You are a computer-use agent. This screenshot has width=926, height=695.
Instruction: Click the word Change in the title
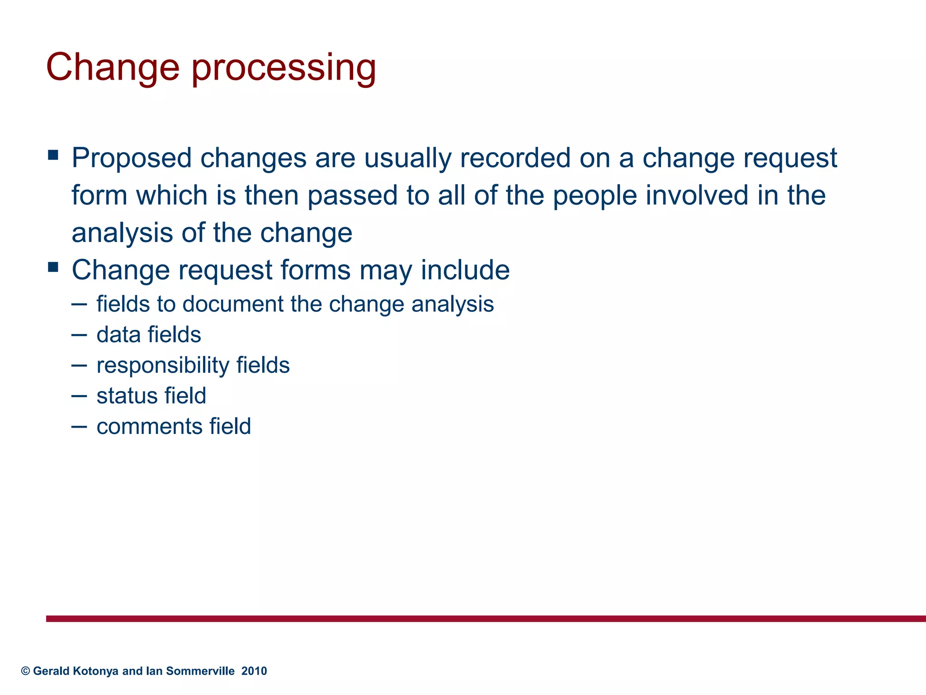click(x=113, y=68)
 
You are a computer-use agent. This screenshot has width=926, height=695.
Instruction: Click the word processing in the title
click(x=283, y=68)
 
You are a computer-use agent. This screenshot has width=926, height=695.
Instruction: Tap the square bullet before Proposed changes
click(x=53, y=155)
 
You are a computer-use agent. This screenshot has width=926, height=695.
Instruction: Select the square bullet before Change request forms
click(x=53, y=267)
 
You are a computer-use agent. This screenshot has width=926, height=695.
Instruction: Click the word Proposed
click(x=132, y=158)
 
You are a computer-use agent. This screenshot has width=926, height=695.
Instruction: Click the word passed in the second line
click(x=352, y=195)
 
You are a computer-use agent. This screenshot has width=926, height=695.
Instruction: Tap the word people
click(x=595, y=195)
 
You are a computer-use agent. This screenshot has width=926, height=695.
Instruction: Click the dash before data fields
click(x=79, y=335)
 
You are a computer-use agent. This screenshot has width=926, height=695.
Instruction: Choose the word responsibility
click(x=163, y=366)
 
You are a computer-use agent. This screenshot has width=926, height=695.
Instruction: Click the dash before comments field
click(x=79, y=427)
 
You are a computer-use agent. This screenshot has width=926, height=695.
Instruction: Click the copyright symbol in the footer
click(x=25, y=671)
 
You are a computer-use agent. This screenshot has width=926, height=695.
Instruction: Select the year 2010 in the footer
click(x=254, y=671)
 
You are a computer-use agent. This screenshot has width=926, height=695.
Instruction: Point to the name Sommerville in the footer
click(x=200, y=671)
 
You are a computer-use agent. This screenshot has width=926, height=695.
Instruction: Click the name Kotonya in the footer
click(x=95, y=671)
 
